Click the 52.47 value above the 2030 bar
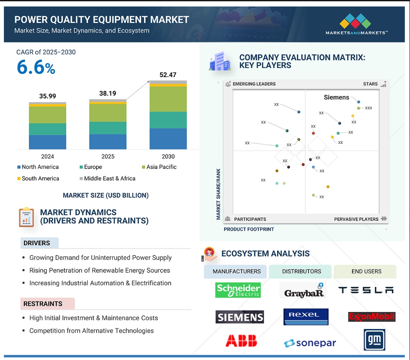pos(168,75)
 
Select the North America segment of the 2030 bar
pos(168,139)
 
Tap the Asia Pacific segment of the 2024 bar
pos(48,115)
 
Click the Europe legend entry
pos(91,167)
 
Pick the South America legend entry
pos(38,178)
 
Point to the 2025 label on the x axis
pos(108,156)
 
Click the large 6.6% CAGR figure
pos(36,67)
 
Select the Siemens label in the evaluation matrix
pos(336,97)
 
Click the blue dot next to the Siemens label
pos(359,102)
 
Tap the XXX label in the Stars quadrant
pos(368,108)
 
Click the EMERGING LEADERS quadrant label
pos(254,84)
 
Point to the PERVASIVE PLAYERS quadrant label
pos(356,219)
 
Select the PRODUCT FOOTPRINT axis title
pos(249,229)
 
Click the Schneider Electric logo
pos(238,290)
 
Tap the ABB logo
pos(241,341)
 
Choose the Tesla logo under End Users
pos(366,290)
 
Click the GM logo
pos(374,340)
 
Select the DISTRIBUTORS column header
pos(302,271)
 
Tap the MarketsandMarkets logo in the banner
pos(356,25)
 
